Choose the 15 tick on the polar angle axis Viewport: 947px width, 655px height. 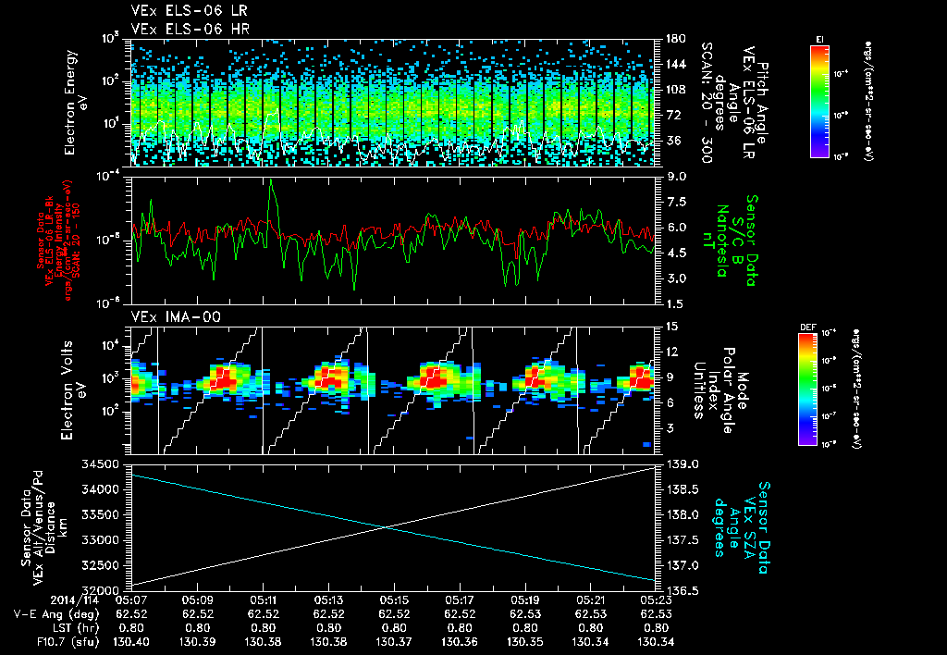(x=669, y=327)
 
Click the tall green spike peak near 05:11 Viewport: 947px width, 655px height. (x=271, y=181)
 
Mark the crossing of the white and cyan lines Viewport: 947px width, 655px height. (x=387, y=526)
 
